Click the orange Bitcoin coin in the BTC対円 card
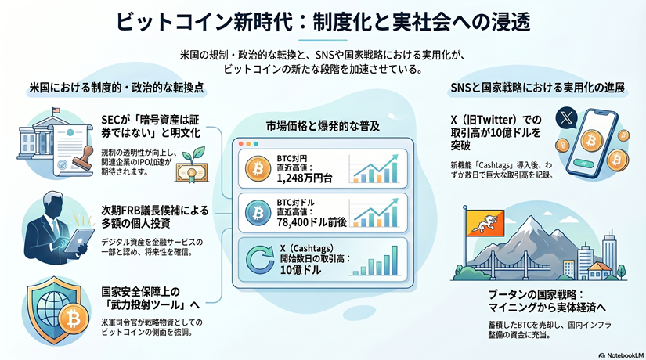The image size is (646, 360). pyautogui.click(x=255, y=168)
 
